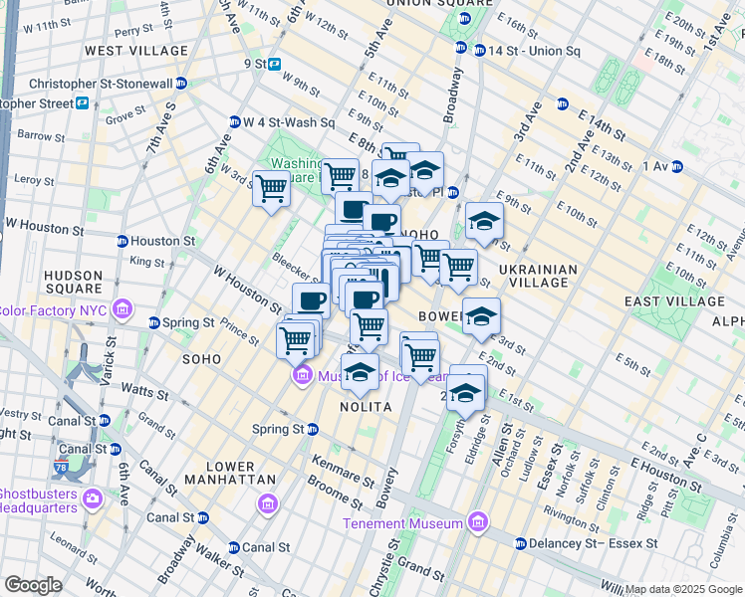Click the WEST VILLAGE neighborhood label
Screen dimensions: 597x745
136,50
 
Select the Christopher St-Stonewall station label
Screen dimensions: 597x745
109,85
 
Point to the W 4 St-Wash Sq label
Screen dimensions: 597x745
289,122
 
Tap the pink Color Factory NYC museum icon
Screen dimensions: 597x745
122,308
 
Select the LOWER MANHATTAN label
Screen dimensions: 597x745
225,473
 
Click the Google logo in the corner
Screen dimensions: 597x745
33,585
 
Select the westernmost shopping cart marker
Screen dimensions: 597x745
271,188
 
